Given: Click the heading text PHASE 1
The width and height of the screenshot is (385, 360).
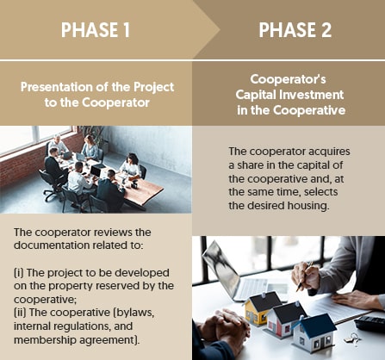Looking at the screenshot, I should tap(96, 30).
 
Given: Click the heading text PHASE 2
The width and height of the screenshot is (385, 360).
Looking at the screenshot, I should tap(294, 30).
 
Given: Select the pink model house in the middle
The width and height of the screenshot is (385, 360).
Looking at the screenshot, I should tap(288, 317).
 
